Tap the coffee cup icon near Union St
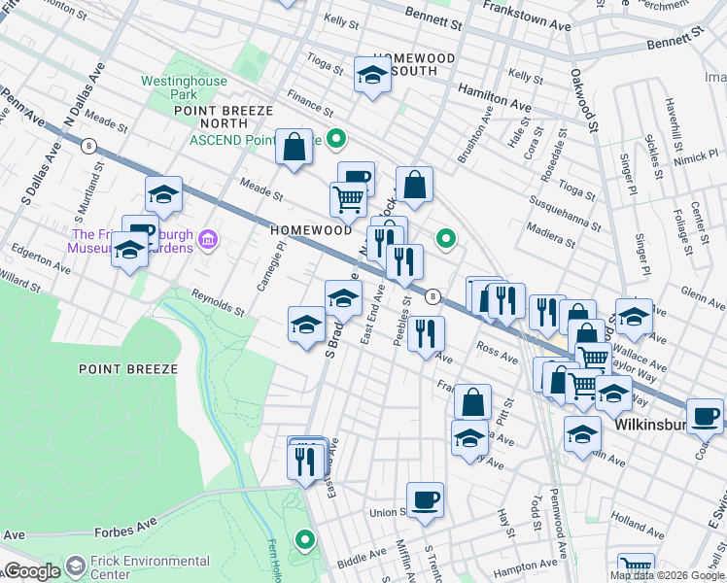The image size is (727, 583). pos(425,501)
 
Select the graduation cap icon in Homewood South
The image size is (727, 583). pos(372,76)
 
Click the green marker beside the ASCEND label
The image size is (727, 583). pos(336,140)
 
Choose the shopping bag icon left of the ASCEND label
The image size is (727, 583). pos(294,149)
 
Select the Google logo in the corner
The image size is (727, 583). pos(31,570)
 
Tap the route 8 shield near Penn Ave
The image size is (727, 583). pos(88,146)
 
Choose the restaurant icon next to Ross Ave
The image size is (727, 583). pos(426,335)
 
